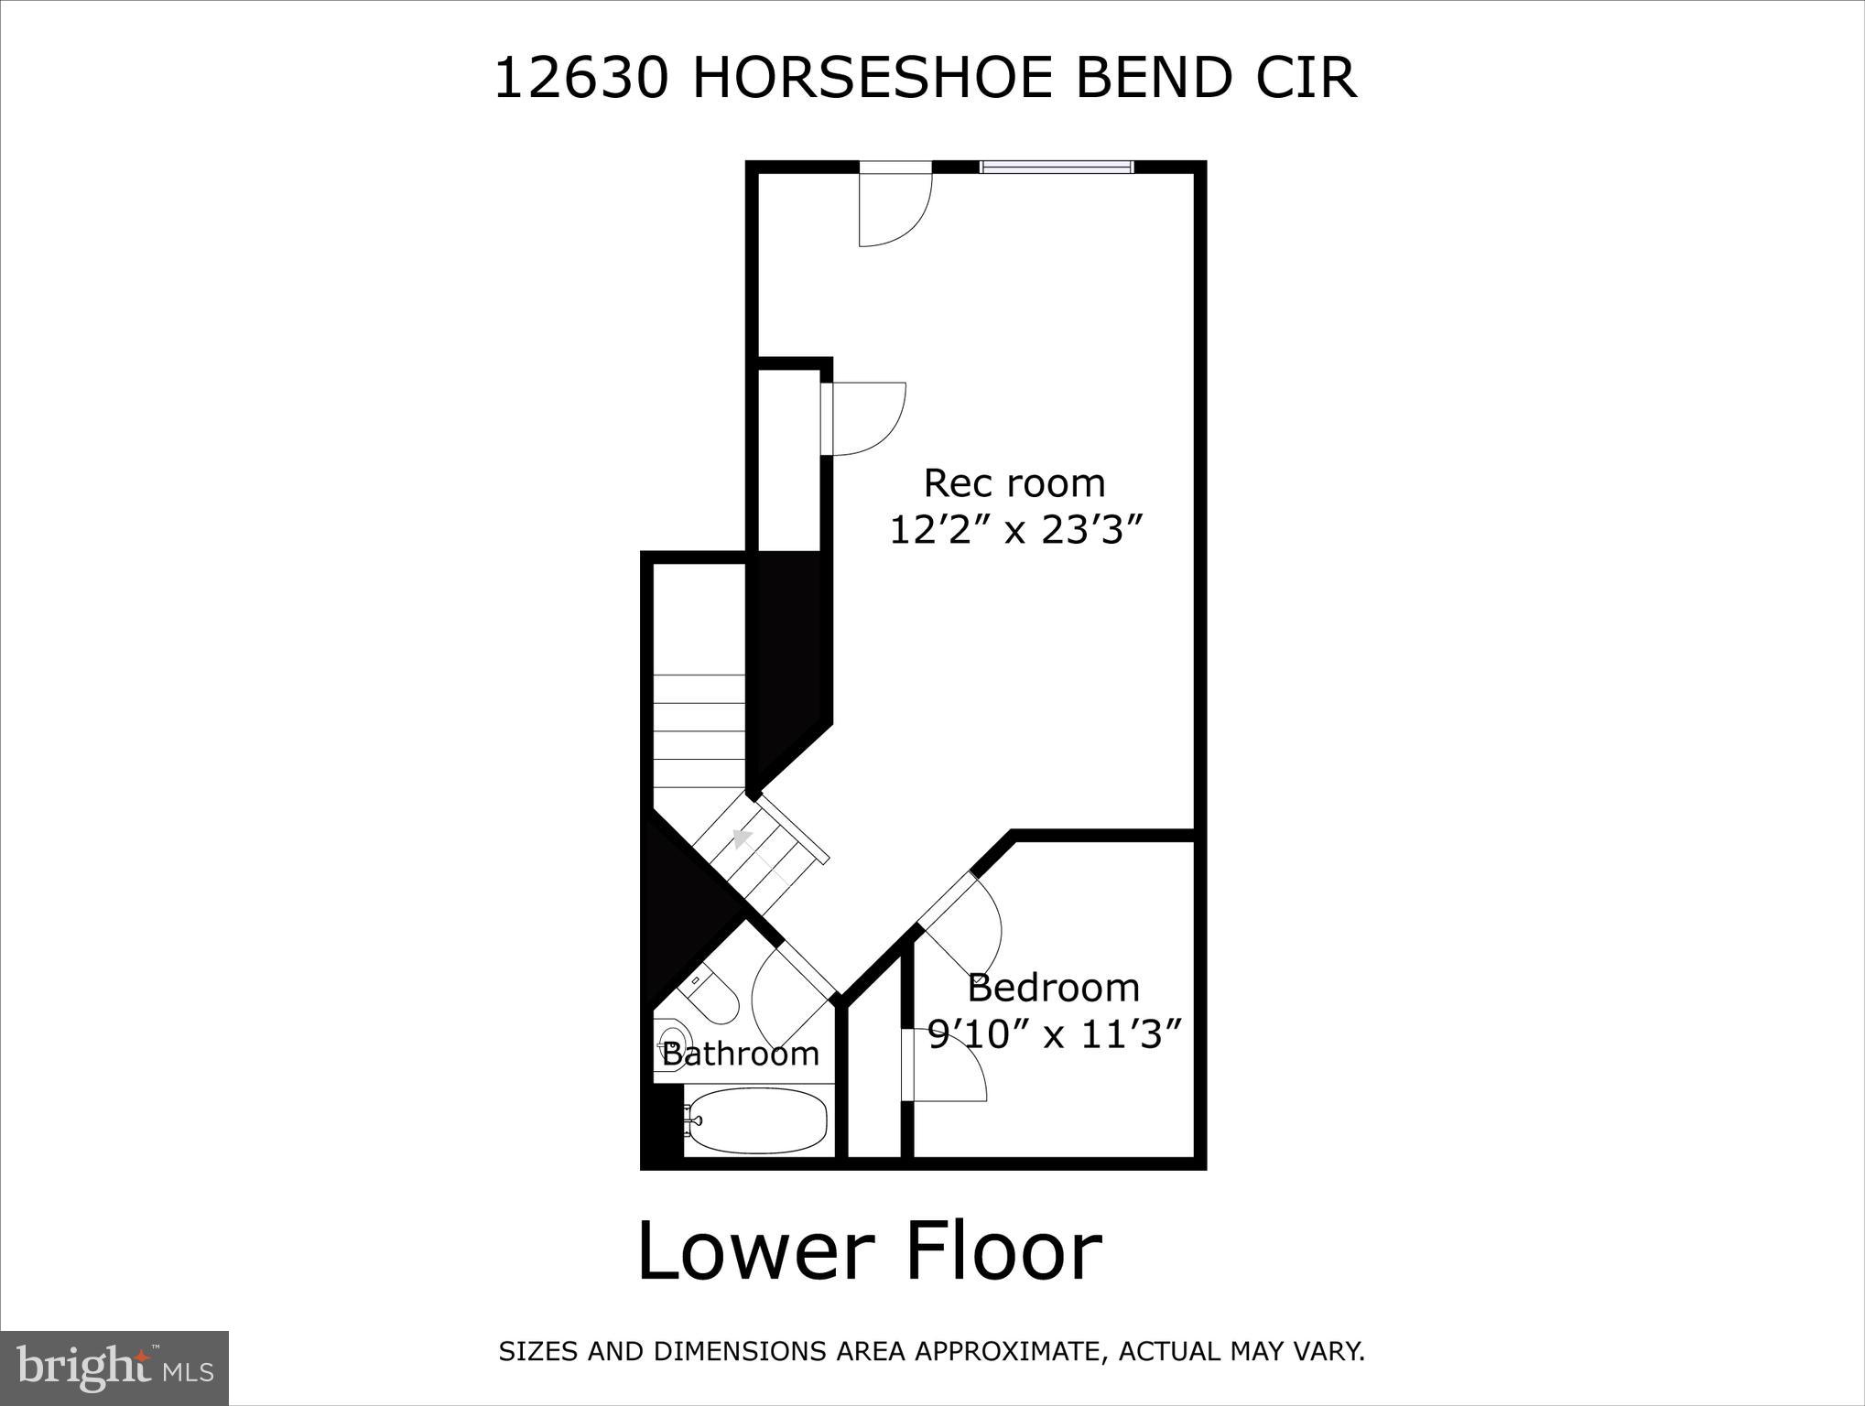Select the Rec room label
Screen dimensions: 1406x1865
coord(1014,483)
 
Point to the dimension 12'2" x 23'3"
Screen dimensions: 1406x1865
coord(1017,530)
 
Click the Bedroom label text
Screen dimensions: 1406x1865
coord(1053,989)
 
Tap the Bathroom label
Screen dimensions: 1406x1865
coord(740,1054)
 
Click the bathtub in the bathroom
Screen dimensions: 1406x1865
coord(756,1120)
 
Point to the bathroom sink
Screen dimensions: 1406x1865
coord(667,1042)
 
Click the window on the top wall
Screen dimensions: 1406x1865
coord(1057,167)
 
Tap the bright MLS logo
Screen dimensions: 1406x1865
coord(114,1368)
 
